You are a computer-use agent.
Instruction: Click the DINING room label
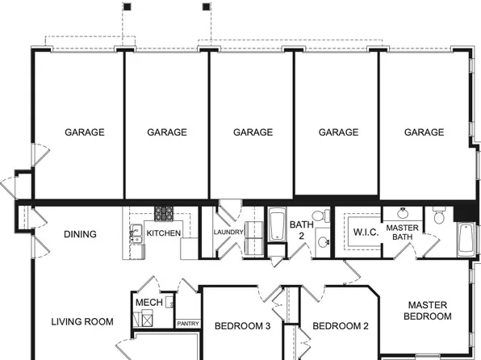[x=80, y=235]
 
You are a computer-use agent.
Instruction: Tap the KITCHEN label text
[x=163, y=233]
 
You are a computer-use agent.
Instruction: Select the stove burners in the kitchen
[x=165, y=214]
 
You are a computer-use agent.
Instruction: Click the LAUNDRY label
[x=228, y=233]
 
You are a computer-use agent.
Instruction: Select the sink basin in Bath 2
[x=322, y=241]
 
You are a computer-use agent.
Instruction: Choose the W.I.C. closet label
[x=365, y=232]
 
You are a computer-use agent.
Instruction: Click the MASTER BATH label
[x=402, y=232]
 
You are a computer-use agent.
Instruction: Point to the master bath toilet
[x=439, y=216]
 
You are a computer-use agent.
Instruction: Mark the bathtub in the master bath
[x=466, y=240]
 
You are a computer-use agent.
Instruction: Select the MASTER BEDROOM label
[x=429, y=311]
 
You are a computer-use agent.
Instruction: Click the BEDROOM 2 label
[x=341, y=327]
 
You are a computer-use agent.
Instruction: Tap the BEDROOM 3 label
[x=242, y=327]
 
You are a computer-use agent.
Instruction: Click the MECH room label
[x=148, y=303]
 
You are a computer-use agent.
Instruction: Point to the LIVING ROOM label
[x=82, y=321]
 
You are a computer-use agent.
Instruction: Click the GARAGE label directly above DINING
[x=85, y=132]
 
